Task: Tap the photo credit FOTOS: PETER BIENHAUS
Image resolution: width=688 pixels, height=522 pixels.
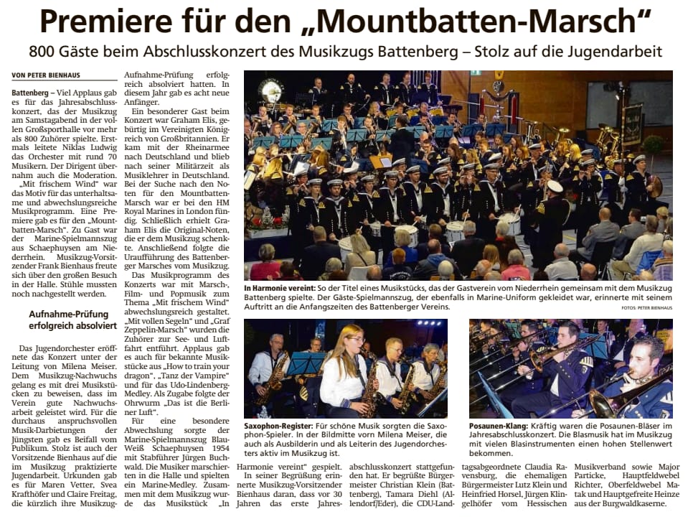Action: pos(646,308)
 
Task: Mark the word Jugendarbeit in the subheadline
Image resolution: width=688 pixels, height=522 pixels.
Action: pos(621,52)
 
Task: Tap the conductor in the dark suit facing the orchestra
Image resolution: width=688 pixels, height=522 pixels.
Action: pos(415,133)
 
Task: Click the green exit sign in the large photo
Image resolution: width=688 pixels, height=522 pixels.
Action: pos(476,73)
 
